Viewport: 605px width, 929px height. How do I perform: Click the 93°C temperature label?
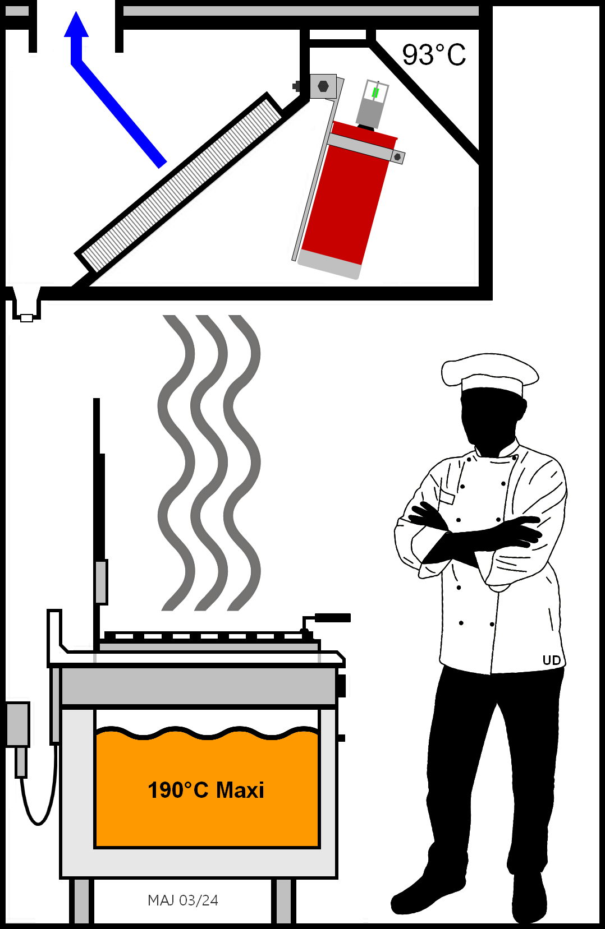pos(434,55)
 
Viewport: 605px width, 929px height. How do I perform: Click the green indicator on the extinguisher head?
pos(375,93)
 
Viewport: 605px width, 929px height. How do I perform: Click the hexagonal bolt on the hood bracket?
pos(323,86)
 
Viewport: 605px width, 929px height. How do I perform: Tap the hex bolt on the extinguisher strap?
pos(397,157)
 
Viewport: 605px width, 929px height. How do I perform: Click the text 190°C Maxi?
pos(205,791)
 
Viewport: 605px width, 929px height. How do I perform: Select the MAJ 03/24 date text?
pos(183,900)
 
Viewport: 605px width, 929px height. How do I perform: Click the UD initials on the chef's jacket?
pos(551,660)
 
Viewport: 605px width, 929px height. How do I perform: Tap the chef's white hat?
pos(491,373)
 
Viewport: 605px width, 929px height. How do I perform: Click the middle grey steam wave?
pos(209,463)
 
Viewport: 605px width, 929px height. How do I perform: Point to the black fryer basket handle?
pos(332,618)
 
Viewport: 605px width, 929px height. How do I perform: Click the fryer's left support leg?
pos(81,901)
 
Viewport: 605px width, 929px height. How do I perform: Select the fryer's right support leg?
pos(284,901)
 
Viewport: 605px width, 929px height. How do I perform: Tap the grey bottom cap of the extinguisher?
pos(328,265)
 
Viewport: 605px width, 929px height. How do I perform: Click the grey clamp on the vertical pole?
pos(101,581)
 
